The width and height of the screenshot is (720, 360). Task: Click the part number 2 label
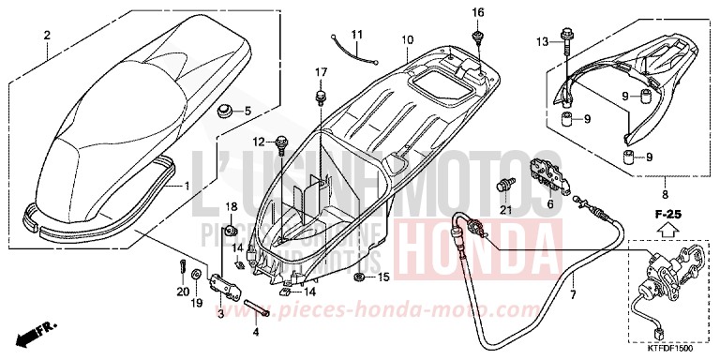coord(46,36)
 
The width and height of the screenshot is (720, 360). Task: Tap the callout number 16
coord(478,12)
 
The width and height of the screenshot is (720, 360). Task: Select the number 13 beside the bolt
coord(543,41)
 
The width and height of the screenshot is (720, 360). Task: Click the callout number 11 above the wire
coord(356,36)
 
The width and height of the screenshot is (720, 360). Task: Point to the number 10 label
coord(408,39)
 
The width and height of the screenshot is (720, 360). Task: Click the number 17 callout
coord(321,72)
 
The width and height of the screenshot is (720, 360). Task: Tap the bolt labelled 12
coord(281,142)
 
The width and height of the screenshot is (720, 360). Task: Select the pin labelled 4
coord(260,309)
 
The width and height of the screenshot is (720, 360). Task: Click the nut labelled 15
coord(360,278)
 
